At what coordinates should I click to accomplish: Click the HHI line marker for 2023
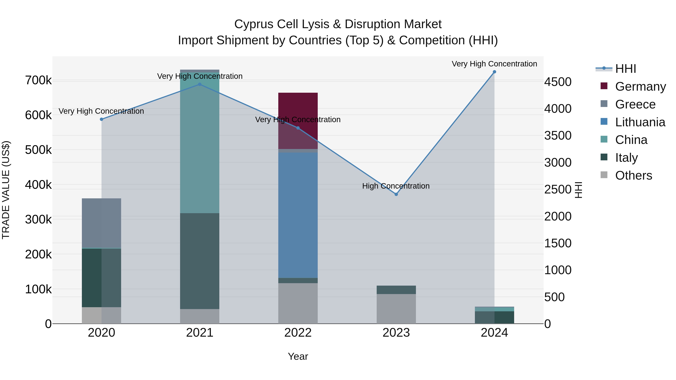(x=396, y=194)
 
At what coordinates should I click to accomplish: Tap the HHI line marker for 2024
(x=494, y=72)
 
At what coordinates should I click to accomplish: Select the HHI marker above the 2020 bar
(x=102, y=119)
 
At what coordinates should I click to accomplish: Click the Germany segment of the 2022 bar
(x=298, y=110)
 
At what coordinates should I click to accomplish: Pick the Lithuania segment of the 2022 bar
(x=298, y=215)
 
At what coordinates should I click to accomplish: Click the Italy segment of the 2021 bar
(x=200, y=261)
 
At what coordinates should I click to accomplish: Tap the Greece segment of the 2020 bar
(x=102, y=223)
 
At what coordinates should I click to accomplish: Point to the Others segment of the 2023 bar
(x=396, y=309)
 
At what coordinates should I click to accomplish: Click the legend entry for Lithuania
(x=640, y=122)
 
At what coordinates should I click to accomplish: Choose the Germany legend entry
(x=640, y=87)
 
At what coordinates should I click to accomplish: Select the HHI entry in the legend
(x=625, y=69)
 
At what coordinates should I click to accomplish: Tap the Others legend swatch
(x=604, y=175)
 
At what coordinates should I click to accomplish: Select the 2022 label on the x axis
(x=298, y=333)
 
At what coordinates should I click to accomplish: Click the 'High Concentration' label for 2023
(x=396, y=186)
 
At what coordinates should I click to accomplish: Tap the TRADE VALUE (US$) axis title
(x=6, y=190)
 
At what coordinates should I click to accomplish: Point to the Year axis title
(x=298, y=356)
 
